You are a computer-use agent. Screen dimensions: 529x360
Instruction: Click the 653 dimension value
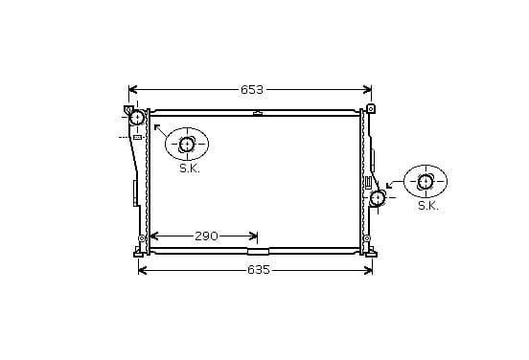pos(252,90)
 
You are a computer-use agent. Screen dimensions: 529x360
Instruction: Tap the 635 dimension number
pos(259,270)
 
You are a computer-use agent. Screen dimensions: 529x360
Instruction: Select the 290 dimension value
pos(206,236)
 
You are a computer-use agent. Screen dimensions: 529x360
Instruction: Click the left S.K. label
pos(190,169)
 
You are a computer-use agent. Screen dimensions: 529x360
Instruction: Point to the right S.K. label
pos(428,206)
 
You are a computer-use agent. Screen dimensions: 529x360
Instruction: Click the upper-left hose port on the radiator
pos(137,118)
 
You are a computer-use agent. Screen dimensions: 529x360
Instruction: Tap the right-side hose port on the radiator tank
pos(378,198)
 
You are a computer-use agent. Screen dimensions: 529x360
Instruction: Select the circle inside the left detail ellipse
pos(187,145)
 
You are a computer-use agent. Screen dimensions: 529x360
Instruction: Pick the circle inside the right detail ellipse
pos(425,182)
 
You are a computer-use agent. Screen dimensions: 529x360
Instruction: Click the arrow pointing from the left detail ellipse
pos(161,131)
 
